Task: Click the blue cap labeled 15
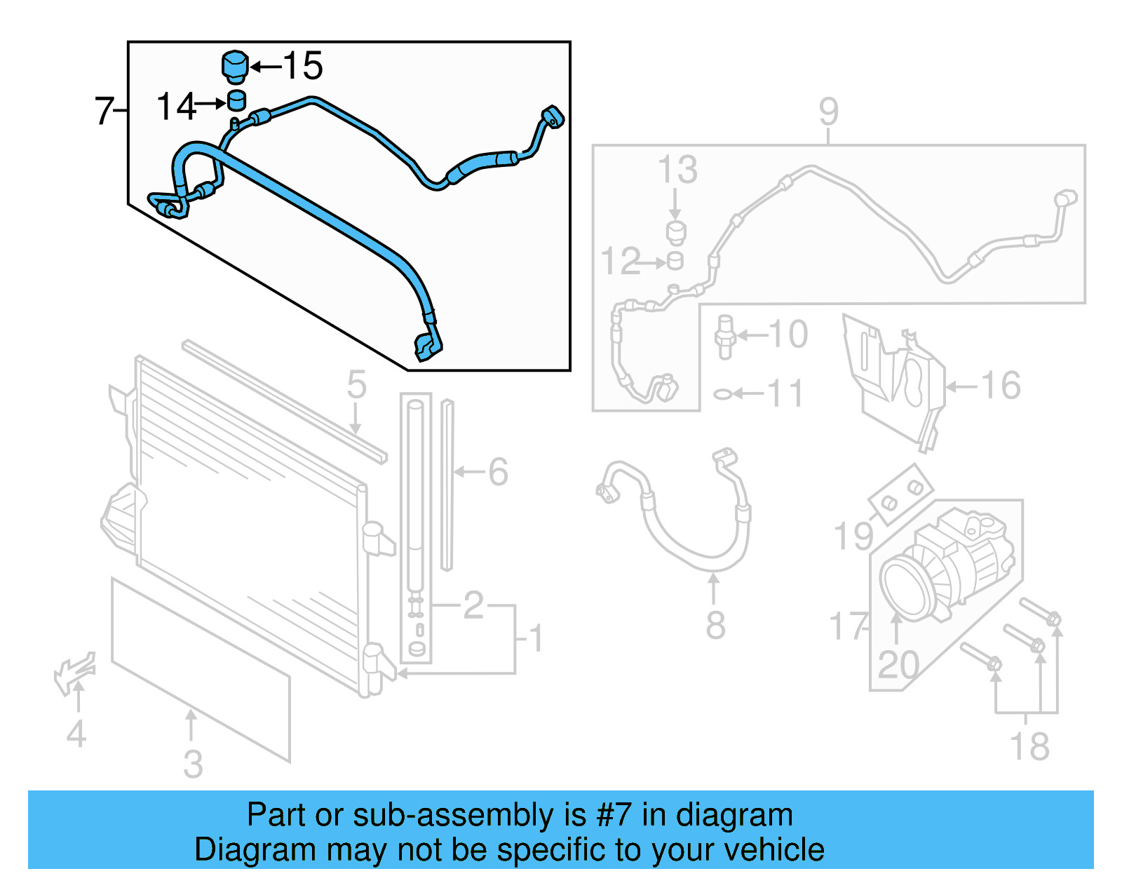coord(235,67)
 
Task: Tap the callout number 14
coord(175,107)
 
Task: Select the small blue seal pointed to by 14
coord(237,100)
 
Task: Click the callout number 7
coord(104,111)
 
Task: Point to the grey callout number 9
coord(828,112)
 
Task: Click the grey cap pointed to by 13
coord(676,231)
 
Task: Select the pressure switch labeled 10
coord(725,337)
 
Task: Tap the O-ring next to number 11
coord(722,394)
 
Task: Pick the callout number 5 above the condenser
coord(356,385)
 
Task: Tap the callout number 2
coord(473,605)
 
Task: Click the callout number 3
coord(193,764)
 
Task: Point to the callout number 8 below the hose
coord(715,625)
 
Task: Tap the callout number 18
coord(1029,747)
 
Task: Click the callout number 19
coord(853,537)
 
